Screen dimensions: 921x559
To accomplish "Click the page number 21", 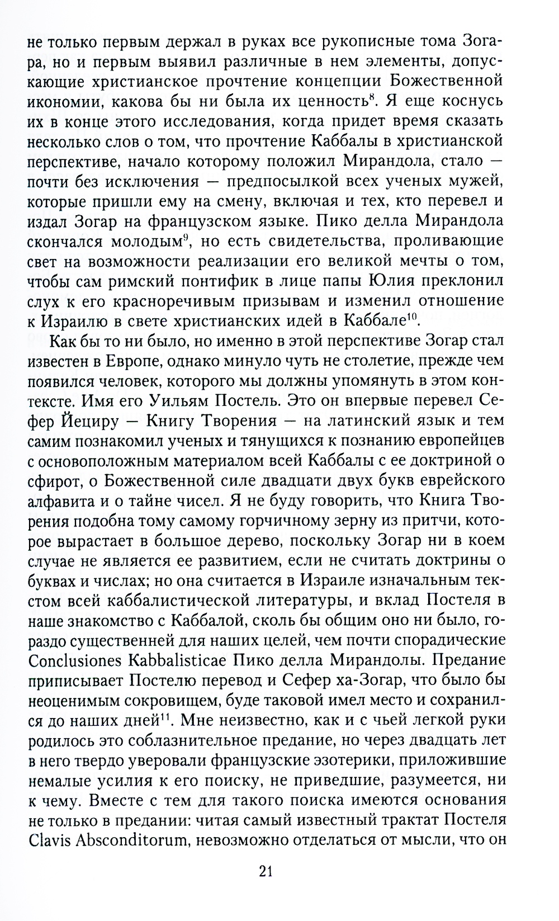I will pyautogui.click(x=266, y=871).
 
